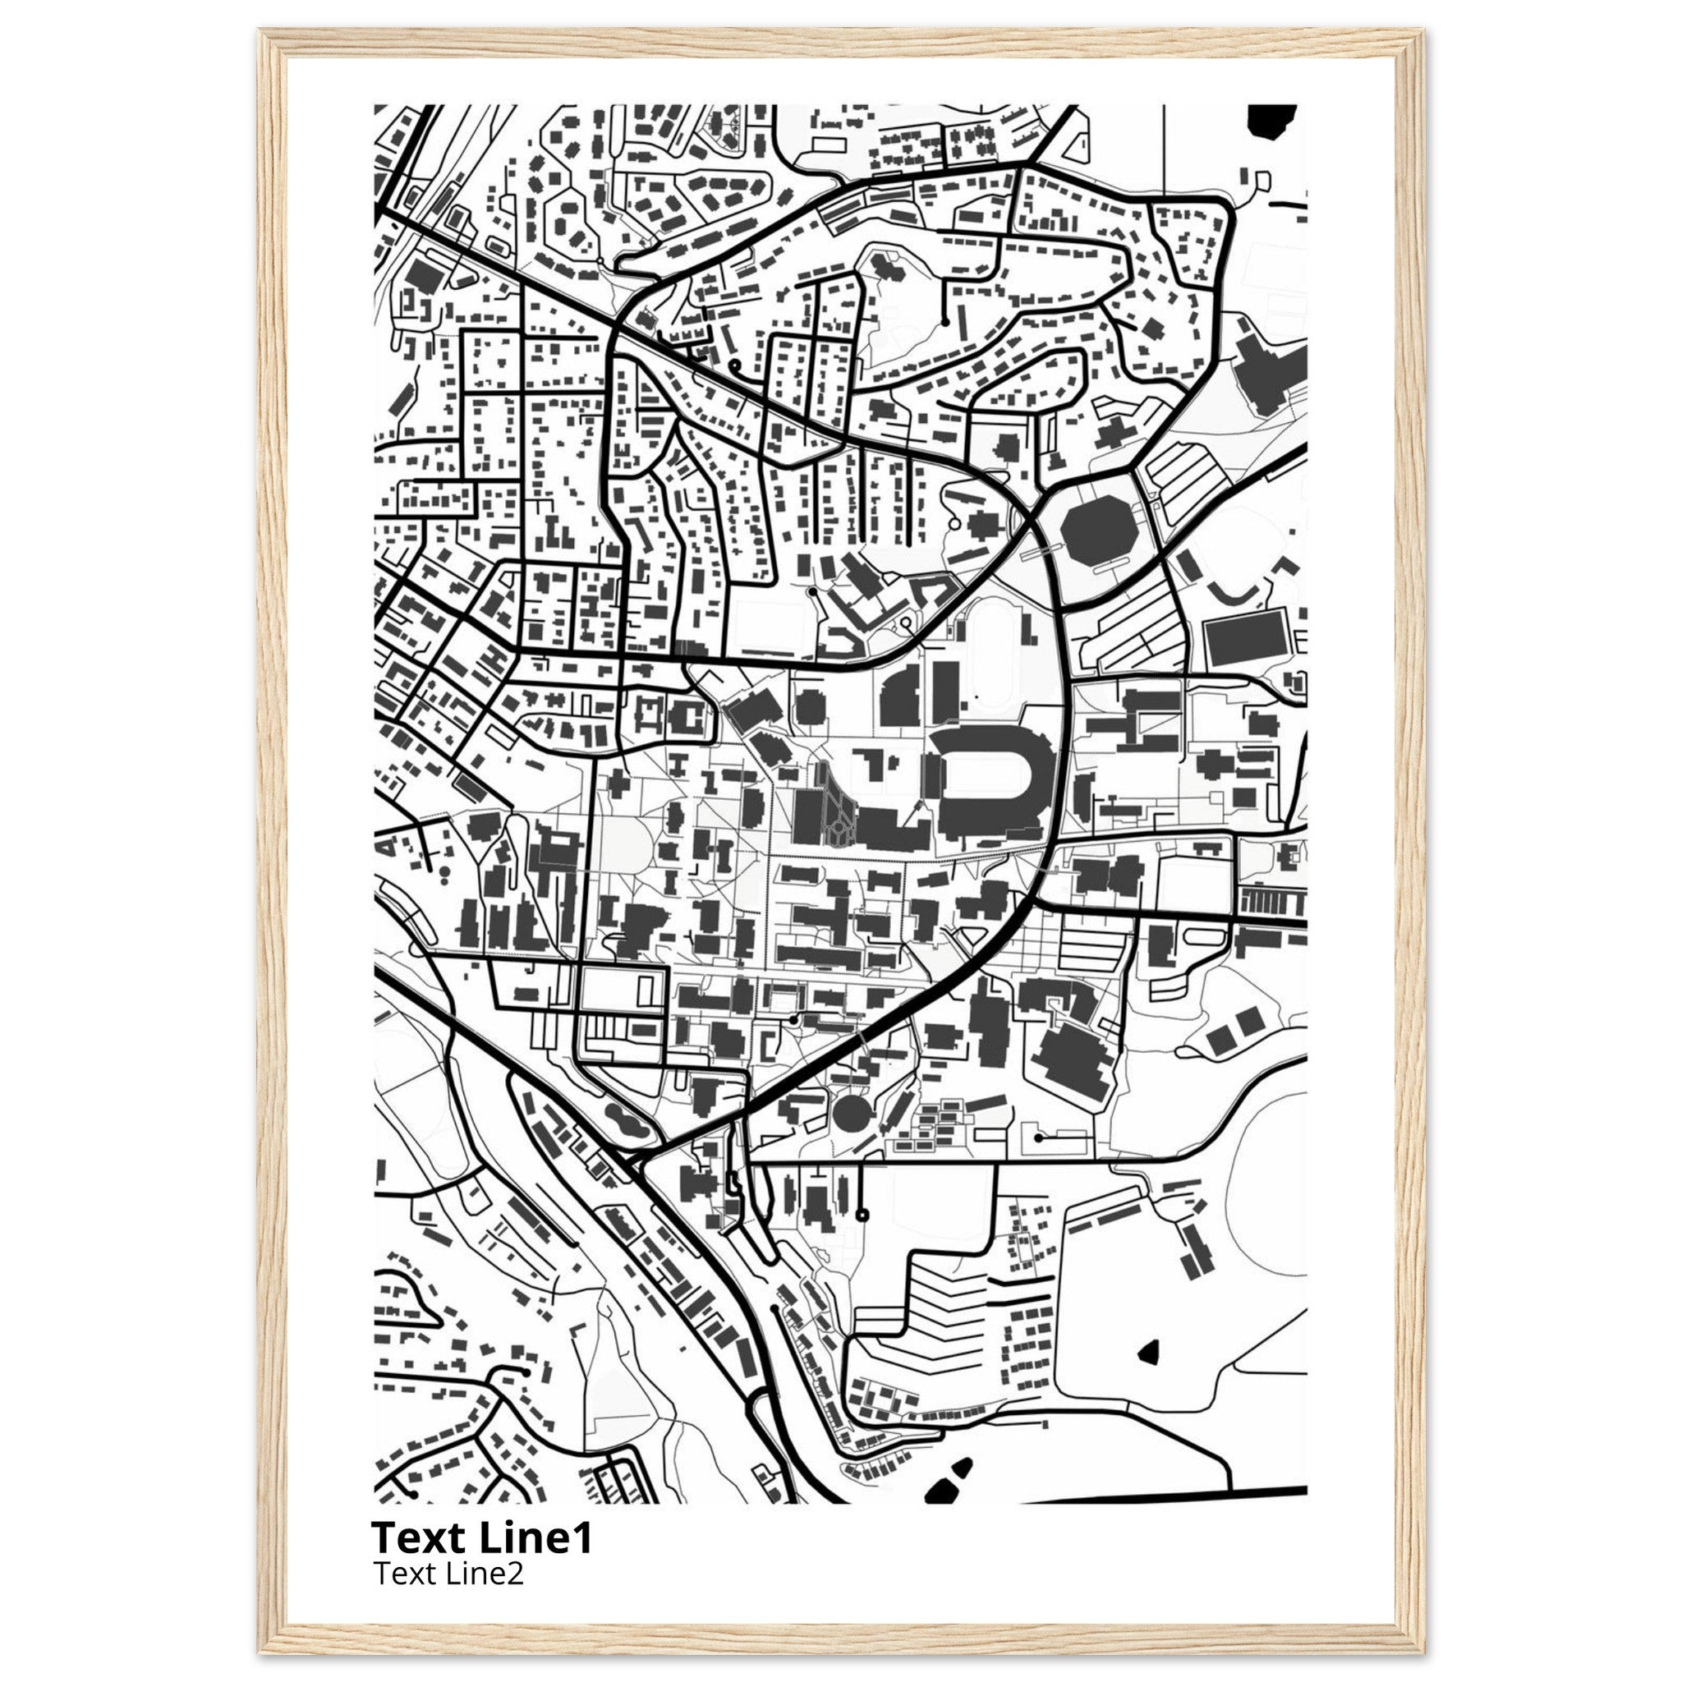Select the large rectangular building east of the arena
click(x=1246, y=637)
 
